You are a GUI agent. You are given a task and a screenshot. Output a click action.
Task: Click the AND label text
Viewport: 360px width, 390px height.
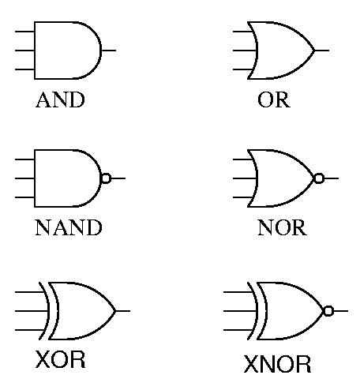[x=60, y=99]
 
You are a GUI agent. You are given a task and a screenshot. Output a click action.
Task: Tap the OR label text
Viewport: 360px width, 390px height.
[x=274, y=99]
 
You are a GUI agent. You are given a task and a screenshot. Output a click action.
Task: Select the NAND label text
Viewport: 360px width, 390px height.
[x=69, y=227]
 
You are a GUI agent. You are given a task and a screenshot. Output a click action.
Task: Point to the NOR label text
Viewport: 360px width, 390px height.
[x=282, y=227]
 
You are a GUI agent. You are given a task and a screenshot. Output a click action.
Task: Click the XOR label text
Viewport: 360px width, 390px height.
[x=60, y=359]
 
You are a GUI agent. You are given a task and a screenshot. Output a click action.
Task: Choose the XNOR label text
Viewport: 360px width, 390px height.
[x=277, y=364]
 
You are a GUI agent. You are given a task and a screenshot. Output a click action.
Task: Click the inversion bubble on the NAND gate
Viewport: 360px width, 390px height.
[x=106, y=178]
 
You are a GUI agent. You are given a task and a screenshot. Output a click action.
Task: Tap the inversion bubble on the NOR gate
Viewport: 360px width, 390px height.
[x=319, y=178]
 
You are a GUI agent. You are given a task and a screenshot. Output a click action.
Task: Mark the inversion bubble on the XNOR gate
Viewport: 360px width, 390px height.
[x=328, y=311]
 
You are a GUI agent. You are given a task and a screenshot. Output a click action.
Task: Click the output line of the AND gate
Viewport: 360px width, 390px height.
[x=108, y=51]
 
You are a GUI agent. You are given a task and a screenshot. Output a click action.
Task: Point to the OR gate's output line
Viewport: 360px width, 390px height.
[x=322, y=51]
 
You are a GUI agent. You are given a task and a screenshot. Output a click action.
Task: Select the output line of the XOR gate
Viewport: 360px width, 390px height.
[x=123, y=311]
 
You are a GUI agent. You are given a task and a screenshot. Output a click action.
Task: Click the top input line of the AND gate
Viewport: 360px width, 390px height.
[x=24, y=32]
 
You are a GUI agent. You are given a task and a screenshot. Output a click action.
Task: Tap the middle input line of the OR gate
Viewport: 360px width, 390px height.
[x=245, y=51]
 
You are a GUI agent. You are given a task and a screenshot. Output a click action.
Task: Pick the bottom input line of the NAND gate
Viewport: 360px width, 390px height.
[x=24, y=197]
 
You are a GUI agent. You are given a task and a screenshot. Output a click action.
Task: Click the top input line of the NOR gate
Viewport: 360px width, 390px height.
[x=243, y=159]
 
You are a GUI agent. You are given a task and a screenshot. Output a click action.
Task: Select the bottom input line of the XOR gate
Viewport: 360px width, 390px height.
[x=30, y=330]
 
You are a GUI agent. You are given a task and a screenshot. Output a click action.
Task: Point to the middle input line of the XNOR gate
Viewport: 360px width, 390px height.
[x=240, y=311]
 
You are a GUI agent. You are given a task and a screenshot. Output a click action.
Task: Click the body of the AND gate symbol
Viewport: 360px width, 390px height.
[x=35, y=51]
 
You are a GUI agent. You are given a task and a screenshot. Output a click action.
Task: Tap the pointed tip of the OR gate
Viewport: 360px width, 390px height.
[x=315, y=51]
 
